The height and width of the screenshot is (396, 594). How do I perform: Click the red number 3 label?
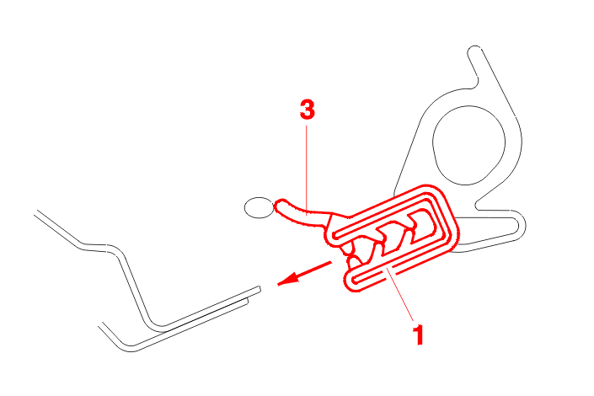(x=308, y=110)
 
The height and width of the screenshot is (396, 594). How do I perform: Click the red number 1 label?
(x=418, y=334)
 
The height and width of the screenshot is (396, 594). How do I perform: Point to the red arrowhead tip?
(x=278, y=284)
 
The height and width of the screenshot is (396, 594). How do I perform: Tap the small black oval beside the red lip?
(x=260, y=207)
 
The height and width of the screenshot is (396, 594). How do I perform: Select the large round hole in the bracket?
(x=468, y=145)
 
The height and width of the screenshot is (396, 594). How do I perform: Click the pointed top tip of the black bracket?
(x=474, y=47)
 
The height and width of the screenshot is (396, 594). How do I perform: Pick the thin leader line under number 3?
(x=307, y=169)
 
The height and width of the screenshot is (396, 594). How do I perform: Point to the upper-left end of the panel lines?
(x=36, y=212)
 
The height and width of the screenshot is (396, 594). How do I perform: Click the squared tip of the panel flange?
(x=260, y=289)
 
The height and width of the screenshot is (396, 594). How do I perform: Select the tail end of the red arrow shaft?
(x=331, y=262)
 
